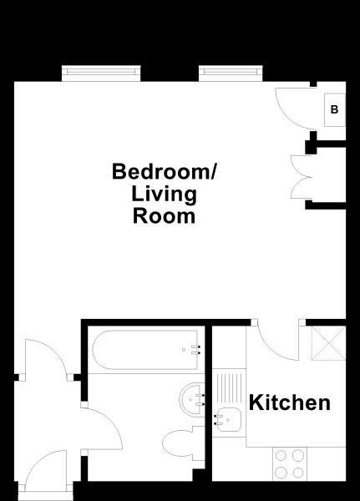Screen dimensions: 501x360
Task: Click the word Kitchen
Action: (291, 403)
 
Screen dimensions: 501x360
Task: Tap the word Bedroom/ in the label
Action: (164, 172)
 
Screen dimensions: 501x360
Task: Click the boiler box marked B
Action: (334, 109)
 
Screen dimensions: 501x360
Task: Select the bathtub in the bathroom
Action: (146, 352)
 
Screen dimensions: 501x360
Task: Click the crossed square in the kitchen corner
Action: (327, 343)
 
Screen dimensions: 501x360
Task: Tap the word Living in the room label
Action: (164, 195)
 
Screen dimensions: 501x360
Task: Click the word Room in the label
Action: (164, 216)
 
